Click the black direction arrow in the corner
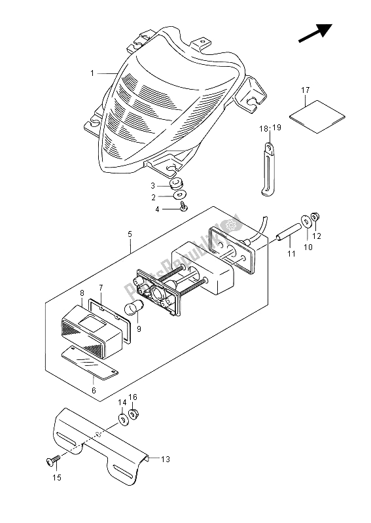315,33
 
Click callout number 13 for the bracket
166,460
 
